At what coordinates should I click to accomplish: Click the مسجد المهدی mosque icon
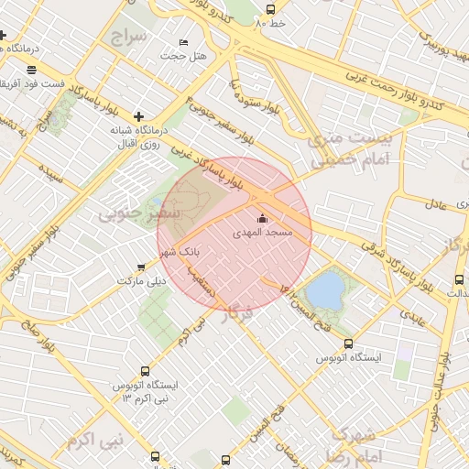coord(262,219)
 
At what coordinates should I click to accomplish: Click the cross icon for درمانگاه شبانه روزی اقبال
coord(138,116)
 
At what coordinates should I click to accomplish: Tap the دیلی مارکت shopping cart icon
coord(140,267)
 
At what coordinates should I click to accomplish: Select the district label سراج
coord(128,37)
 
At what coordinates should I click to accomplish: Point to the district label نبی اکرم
coord(93,441)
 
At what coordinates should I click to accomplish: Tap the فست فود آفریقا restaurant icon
coord(33,70)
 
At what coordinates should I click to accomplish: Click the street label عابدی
coord(415,317)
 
